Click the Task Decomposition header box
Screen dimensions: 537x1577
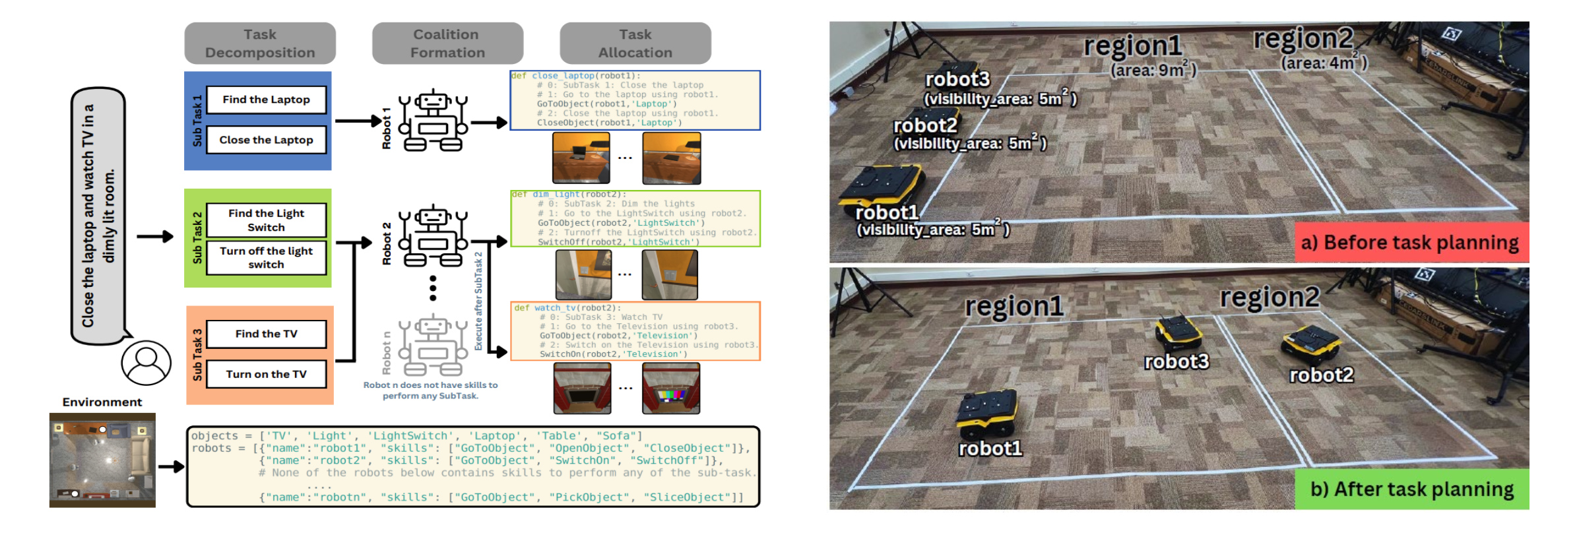pos(260,44)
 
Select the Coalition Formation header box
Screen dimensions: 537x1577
pos(447,44)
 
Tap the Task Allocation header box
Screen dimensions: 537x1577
pos(635,44)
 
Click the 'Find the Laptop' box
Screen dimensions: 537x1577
pos(266,100)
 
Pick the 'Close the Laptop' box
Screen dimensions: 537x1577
pos(266,140)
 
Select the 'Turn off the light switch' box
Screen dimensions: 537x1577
pos(266,258)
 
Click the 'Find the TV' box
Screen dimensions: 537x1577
pos(266,334)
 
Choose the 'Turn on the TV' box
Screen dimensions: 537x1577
pos(266,374)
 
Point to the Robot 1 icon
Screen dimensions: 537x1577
pos(433,121)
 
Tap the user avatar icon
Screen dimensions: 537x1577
pos(146,362)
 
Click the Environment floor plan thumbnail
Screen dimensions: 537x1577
pos(102,460)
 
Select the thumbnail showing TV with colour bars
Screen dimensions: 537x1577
pos(670,389)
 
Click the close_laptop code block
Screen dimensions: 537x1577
pos(635,100)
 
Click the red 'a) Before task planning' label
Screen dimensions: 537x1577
pos(1411,243)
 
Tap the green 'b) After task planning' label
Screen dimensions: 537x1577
pos(1411,489)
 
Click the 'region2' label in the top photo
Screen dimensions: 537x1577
pos(1304,39)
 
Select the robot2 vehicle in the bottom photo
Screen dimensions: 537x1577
pos(1311,343)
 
